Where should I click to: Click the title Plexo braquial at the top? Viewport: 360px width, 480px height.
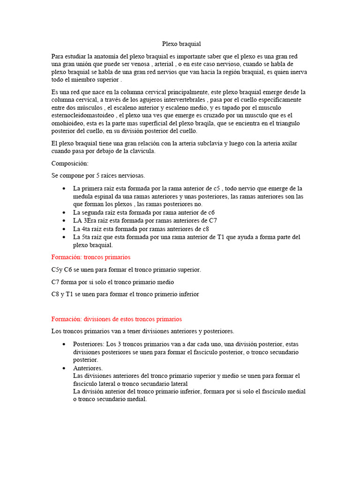181,44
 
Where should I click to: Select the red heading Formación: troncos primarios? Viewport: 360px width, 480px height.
90,257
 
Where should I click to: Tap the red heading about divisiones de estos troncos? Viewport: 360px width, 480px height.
116,319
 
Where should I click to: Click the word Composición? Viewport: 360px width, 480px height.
69,164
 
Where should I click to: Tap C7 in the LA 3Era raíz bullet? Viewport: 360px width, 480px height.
212,221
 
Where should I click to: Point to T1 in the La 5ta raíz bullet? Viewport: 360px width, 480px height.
222,237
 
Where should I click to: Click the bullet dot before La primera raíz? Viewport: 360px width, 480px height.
64,188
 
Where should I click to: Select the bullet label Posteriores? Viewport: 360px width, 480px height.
89,344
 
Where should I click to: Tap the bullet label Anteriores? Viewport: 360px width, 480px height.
88,368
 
